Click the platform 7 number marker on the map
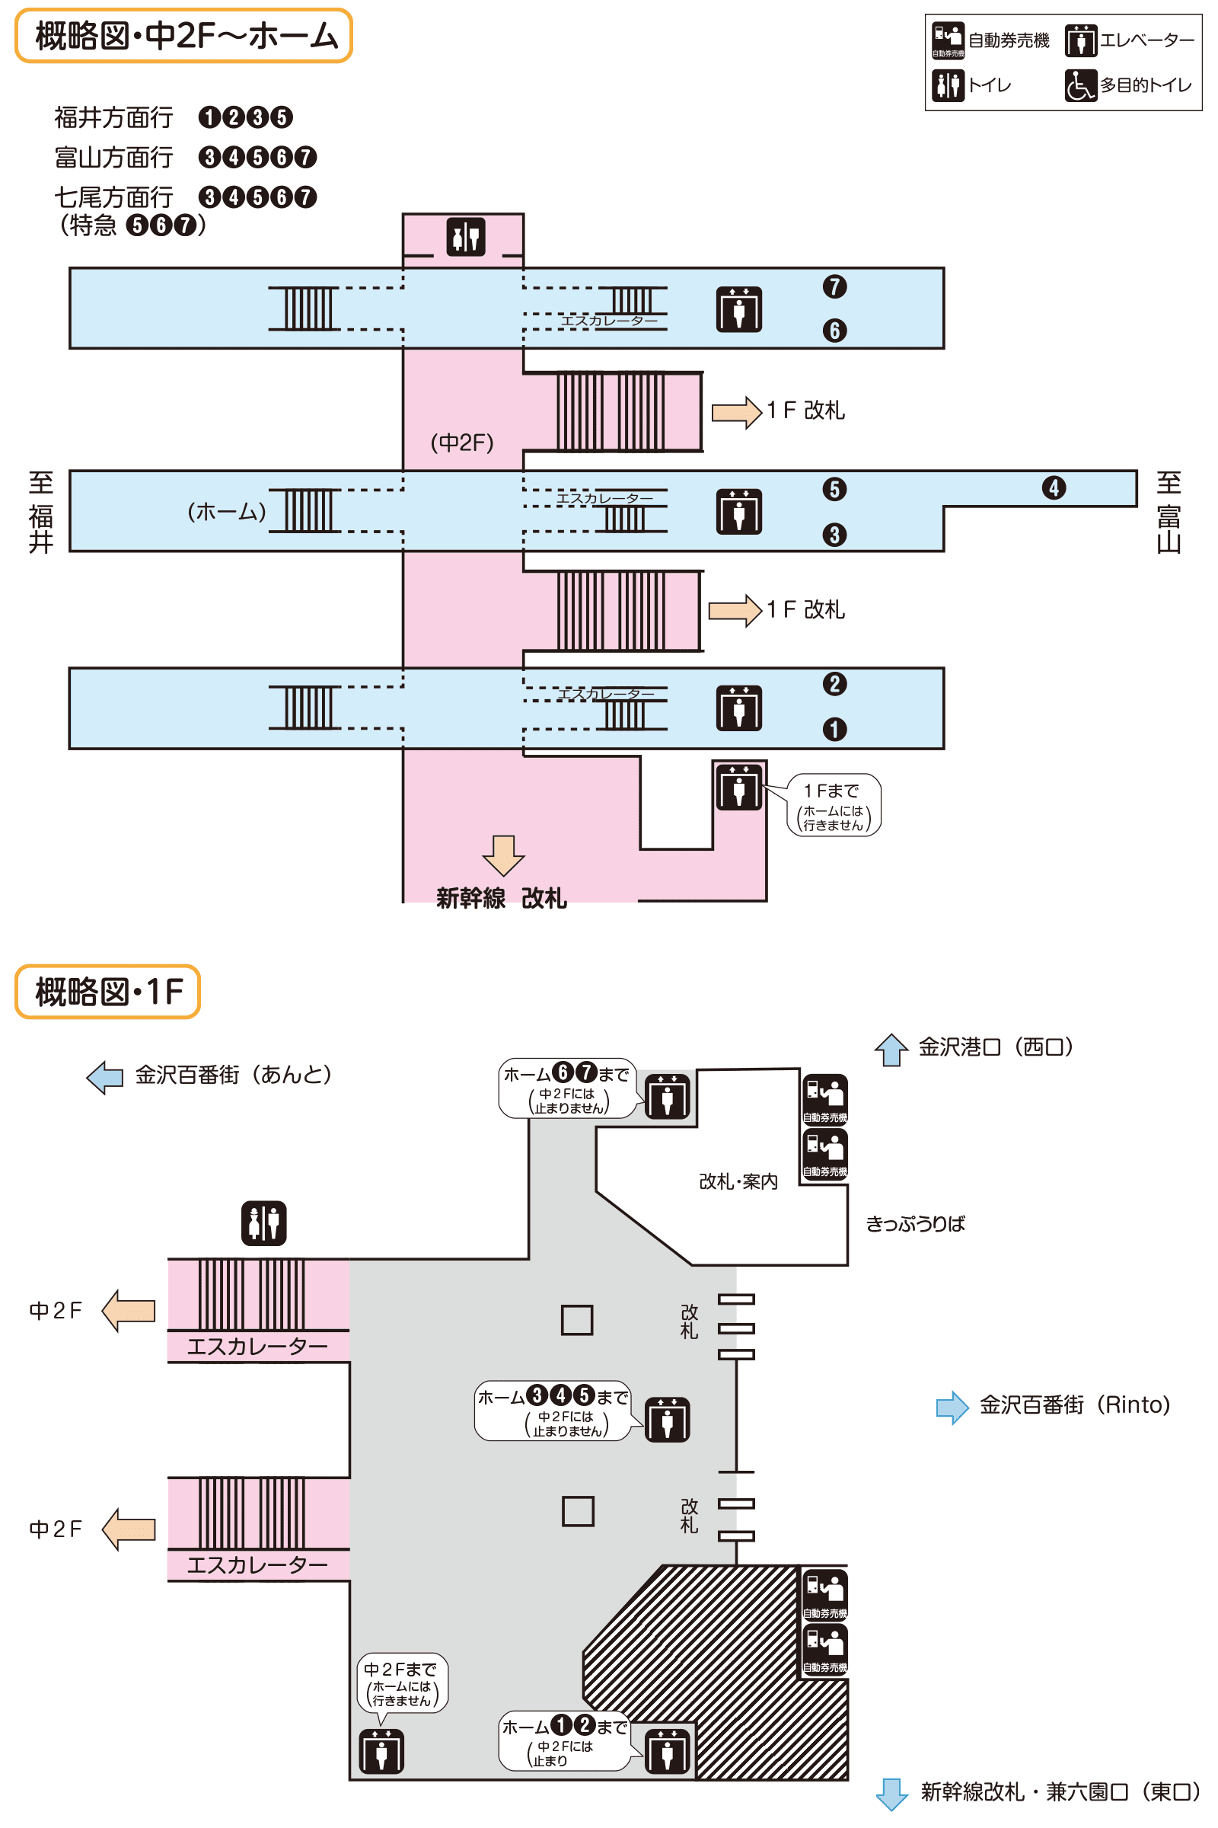(x=834, y=287)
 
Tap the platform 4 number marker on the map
(x=1054, y=488)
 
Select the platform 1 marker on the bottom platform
(x=834, y=729)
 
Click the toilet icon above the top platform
(x=466, y=236)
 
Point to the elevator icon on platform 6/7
(x=738, y=309)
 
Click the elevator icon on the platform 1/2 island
(x=738, y=708)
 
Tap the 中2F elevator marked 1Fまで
(x=738, y=787)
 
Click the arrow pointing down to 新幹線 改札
(x=503, y=855)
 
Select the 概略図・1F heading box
(x=108, y=992)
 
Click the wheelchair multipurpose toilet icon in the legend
(x=1079, y=85)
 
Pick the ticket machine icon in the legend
(x=948, y=40)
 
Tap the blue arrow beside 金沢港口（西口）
(x=891, y=1050)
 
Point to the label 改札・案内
(x=738, y=1181)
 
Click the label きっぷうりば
(x=915, y=1224)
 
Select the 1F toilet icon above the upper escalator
(x=264, y=1223)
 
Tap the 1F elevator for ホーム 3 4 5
(x=668, y=1419)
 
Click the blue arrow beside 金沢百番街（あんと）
(x=105, y=1077)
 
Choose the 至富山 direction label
(x=1169, y=512)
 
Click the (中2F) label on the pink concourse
(x=462, y=443)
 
